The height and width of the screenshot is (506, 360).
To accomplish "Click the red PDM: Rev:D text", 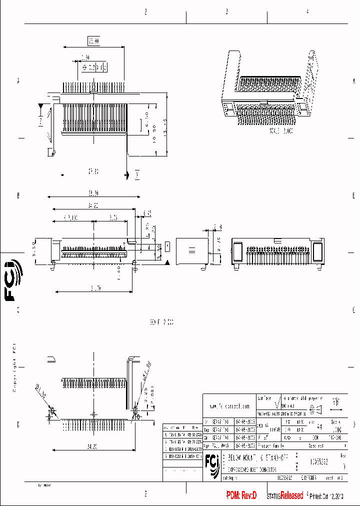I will [x=241, y=495].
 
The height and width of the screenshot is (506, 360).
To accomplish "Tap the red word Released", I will [x=291, y=495].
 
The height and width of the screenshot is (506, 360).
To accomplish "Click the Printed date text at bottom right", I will [x=326, y=496].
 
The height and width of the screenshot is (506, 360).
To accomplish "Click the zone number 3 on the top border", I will [x=226, y=11].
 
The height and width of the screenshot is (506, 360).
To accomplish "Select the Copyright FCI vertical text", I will [x=14, y=367].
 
